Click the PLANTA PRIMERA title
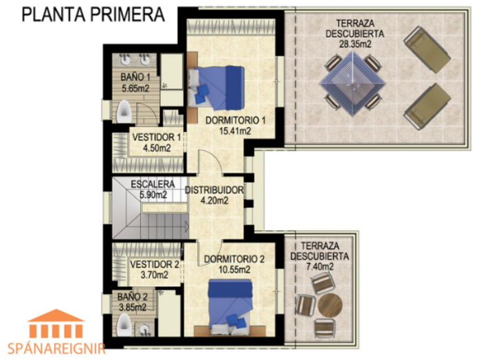tap(93, 14)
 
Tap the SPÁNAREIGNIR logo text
tap(56, 348)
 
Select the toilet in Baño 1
tap(124, 111)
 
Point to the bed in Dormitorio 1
tap(216, 88)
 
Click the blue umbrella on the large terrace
tap(353, 83)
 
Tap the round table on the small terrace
tap(330, 305)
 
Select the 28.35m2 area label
tap(355, 44)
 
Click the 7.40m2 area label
tap(320, 267)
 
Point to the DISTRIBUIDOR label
tap(214, 190)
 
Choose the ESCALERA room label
tap(153, 184)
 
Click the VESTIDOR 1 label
tap(157, 137)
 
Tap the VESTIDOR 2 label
tap(155, 264)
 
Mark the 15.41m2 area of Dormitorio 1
tap(235, 131)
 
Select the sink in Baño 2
tap(145, 329)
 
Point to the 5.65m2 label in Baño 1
tap(135, 89)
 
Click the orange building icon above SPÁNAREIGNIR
tap(56, 324)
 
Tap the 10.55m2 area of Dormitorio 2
tap(234, 269)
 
